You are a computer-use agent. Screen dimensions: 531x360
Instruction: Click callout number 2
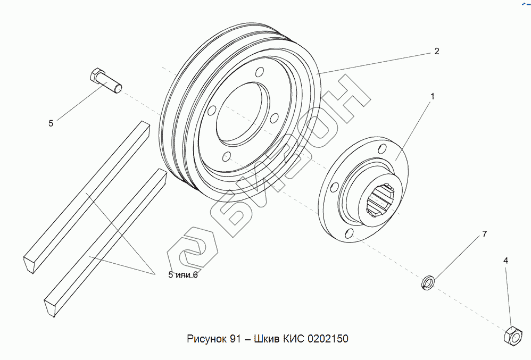tap(436, 52)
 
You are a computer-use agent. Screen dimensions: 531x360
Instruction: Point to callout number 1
tap(433, 96)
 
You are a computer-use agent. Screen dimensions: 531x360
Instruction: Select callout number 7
tap(484, 234)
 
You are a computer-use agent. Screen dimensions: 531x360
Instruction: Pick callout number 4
tap(505, 261)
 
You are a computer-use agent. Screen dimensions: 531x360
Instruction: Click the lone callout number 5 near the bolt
tap(51, 123)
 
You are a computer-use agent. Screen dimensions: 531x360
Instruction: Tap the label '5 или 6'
tap(182, 275)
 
